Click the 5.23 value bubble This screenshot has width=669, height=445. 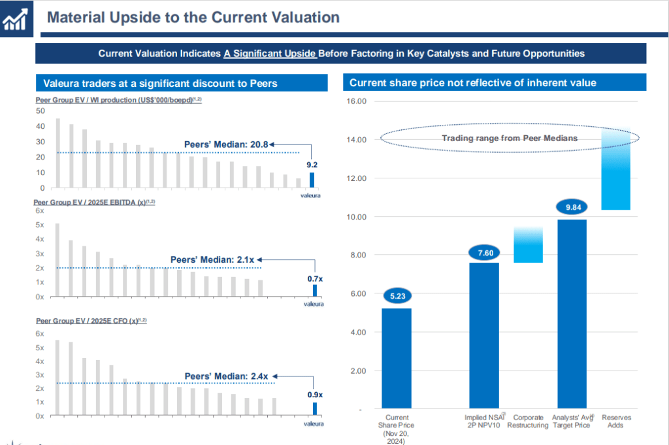coord(397,295)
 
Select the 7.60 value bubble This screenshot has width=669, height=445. coord(484,253)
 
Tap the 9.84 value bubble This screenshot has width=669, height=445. coord(572,209)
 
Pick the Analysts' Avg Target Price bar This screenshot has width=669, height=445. coord(572,314)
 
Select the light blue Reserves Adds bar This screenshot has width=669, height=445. coord(615,171)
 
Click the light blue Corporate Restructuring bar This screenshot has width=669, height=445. coord(528,245)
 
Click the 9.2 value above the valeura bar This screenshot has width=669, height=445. coord(312,165)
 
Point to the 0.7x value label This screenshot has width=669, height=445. coord(315,279)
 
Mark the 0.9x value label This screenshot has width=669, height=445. coord(315,395)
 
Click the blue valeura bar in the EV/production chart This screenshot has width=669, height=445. coord(312,180)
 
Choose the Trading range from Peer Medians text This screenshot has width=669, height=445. coord(510,138)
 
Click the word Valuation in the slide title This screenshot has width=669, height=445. coord(300,18)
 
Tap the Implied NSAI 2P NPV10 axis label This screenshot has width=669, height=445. coord(484,421)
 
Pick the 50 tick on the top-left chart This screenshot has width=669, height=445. coord(41,111)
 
